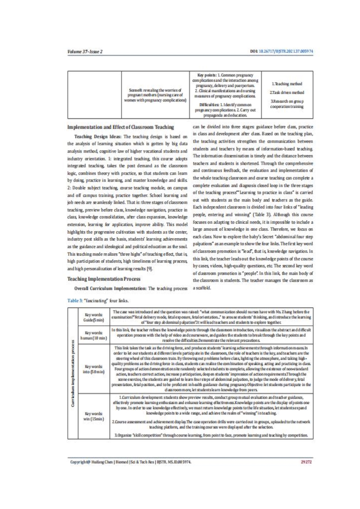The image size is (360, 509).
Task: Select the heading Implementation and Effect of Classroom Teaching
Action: pyautogui.click(x=120, y=127)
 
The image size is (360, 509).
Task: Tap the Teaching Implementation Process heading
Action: pyautogui.click(x=104, y=279)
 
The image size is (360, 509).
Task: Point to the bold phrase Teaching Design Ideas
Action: pyautogui.click(x=98, y=136)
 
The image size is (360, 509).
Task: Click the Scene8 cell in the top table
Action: pyautogui.click(x=155, y=95)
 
